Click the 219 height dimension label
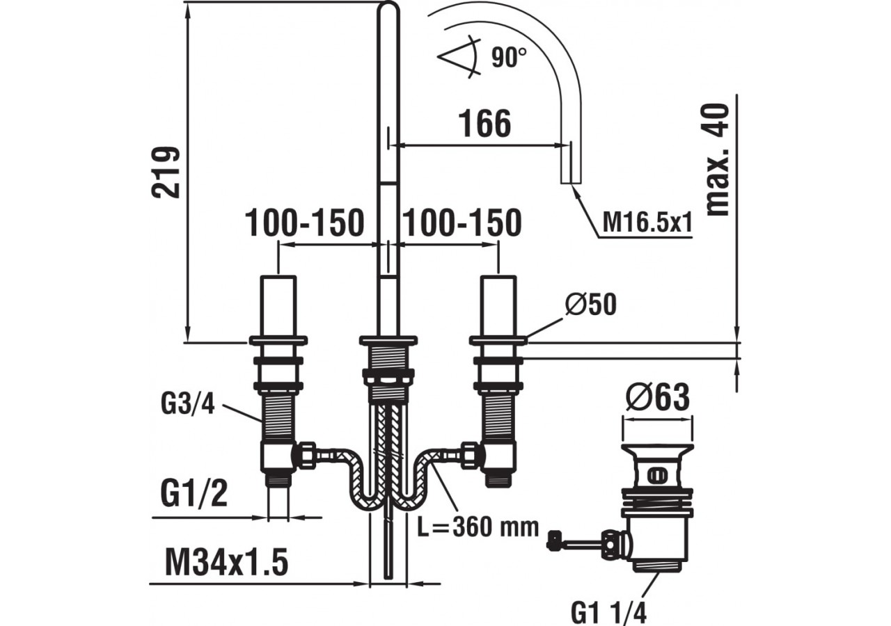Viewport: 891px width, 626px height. [x=167, y=172]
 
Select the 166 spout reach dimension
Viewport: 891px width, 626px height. [x=484, y=124]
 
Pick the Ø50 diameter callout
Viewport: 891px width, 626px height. [x=591, y=305]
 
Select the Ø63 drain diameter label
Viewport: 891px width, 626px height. [x=657, y=398]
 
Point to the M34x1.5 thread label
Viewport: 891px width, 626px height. [x=226, y=562]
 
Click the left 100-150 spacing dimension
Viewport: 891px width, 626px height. [x=305, y=223]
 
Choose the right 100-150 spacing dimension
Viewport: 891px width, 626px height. [x=462, y=223]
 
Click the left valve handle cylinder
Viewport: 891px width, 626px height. [x=278, y=306]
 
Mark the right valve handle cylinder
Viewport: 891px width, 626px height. [x=498, y=306]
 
